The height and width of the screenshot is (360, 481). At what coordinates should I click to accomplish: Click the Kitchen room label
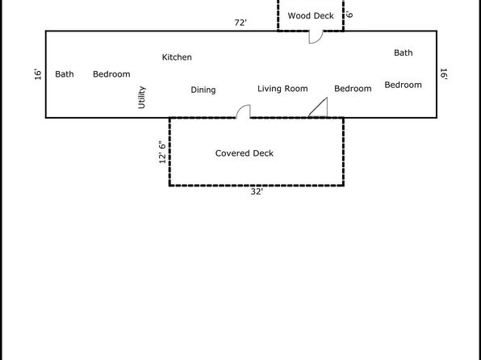pos(177,57)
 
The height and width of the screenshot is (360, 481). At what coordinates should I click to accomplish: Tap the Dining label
pos(203,90)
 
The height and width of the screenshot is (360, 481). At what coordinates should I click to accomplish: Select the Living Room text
pos(282,89)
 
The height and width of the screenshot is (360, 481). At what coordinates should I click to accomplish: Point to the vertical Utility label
pos(142,98)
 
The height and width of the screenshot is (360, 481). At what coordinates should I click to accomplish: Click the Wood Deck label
pos(311,15)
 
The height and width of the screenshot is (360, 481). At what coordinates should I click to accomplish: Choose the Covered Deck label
pos(245,153)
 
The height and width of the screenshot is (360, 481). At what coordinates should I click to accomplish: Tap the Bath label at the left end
pos(65,74)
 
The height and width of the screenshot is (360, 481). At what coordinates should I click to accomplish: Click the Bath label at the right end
pos(403,52)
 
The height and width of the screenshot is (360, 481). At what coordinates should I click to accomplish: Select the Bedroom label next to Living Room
pos(353,89)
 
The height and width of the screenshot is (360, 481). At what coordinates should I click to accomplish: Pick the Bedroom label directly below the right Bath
pos(403,85)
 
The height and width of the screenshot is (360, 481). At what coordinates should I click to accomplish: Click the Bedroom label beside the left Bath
pos(111,74)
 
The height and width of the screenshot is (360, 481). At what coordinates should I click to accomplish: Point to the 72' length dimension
pos(240,23)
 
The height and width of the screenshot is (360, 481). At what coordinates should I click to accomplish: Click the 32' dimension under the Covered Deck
pos(257,192)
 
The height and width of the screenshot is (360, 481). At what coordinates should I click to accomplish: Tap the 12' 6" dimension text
pos(162,153)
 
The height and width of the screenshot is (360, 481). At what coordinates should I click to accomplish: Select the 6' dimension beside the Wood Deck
pos(349,15)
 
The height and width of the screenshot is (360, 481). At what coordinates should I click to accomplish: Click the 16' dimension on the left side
pos(38,74)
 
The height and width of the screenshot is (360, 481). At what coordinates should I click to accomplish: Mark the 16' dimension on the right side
pos(444,74)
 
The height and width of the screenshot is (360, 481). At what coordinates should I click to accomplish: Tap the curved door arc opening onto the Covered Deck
pos(240,108)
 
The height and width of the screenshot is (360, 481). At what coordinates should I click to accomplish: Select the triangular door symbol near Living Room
pos(318,107)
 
